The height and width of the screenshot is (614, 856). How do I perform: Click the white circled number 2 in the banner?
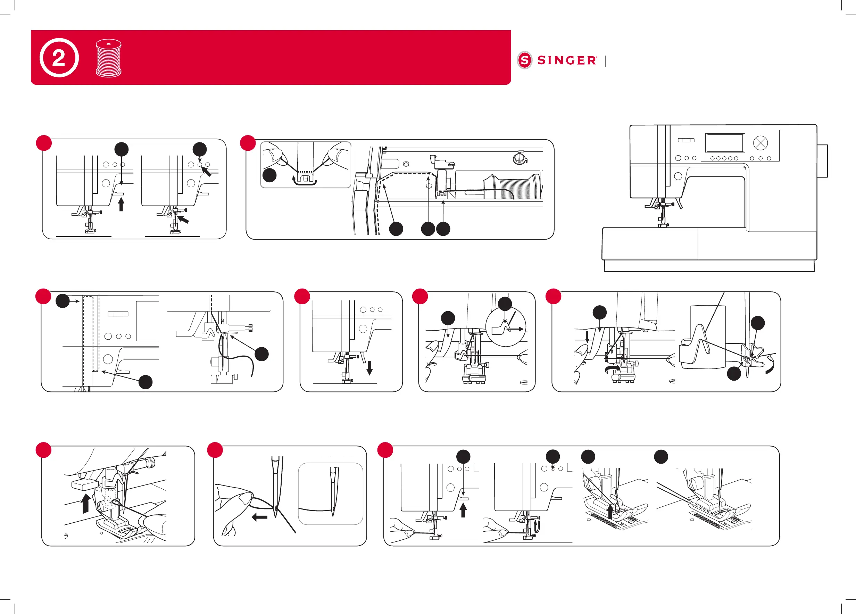(59, 58)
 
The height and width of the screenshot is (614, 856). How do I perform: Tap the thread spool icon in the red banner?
(109, 58)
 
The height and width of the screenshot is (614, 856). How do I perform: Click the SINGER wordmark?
(566, 60)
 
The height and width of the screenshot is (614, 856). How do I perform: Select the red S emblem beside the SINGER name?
(525, 60)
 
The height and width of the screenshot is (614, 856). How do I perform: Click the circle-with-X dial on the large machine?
(760, 143)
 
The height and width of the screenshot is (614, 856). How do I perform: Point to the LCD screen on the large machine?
(725, 143)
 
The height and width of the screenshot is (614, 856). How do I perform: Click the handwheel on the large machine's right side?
(822, 161)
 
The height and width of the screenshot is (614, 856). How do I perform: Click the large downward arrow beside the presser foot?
(369, 367)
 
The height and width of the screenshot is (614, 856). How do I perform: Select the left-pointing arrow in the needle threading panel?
(259, 517)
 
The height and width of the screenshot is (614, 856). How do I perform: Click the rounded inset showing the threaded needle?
(330, 493)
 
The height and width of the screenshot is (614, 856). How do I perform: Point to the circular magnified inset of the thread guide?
(506, 327)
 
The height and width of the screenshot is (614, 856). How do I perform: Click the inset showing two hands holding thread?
(306, 165)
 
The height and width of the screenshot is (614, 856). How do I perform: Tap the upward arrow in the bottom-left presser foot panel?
(86, 504)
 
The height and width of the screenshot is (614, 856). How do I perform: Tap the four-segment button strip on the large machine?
(686, 140)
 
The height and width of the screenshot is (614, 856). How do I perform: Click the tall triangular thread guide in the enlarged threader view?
(701, 338)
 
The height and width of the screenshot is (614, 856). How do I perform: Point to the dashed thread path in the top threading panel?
(404, 174)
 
